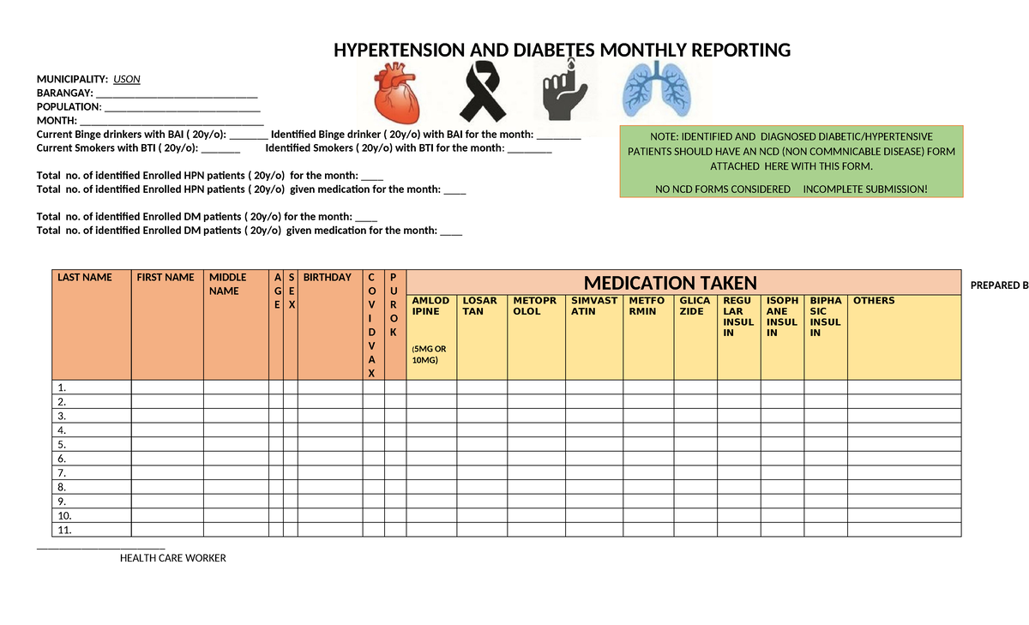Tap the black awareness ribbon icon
484,92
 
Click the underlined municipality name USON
127,80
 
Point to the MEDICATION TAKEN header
670,283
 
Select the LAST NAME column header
84,278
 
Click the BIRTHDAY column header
327,278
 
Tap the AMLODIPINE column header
430,306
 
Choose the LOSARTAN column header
479,306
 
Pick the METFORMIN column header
647,306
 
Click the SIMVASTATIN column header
593,306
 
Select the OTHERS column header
873,301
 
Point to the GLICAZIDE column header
694,306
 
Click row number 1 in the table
61,388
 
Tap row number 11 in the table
63,531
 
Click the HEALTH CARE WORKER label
172,558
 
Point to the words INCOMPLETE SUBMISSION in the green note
864,189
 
